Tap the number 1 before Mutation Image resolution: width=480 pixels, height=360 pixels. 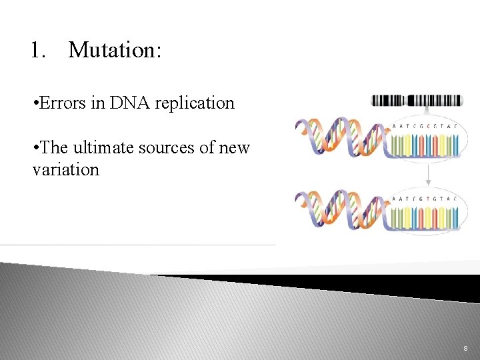[37, 51]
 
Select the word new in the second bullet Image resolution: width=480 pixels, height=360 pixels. [234, 147]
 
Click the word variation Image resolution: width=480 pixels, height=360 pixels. [65, 169]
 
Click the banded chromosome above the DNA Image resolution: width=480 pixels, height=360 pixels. [417, 101]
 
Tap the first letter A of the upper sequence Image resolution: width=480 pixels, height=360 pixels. [395, 126]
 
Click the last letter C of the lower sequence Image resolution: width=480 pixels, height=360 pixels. [455, 197]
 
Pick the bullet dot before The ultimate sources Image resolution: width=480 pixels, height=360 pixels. [35, 148]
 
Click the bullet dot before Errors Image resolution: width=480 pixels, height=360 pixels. [35, 104]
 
